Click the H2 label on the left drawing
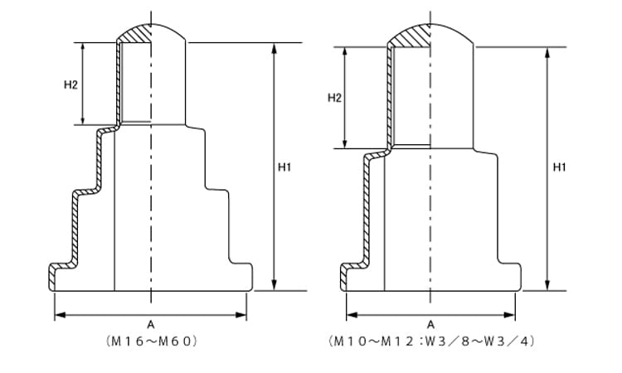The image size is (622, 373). (x=70, y=85)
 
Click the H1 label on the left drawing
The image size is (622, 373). (x=284, y=167)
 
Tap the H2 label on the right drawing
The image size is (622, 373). (x=334, y=98)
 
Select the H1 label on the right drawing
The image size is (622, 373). (x=559, y=167)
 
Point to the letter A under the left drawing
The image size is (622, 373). (x=151, y=325)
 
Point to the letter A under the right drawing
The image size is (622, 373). (x=430, y=325)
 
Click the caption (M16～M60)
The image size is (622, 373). (x=151, y=342)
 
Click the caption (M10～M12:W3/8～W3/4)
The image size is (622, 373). (x=430, y=342)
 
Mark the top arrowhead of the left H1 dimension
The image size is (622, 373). (x=274, y=47)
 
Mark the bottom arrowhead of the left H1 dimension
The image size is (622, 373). (x=274, y=285)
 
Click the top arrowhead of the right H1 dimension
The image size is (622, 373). (x=548, y=53)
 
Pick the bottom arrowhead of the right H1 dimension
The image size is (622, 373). (x=548, y=285)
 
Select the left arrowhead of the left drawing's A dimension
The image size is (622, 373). (x=60, y=315)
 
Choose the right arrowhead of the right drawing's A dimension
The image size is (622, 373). (x=510, y=315)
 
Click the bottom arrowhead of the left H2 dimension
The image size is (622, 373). (x=82, y=119)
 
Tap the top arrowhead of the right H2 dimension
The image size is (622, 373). (x=345, y=52)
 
